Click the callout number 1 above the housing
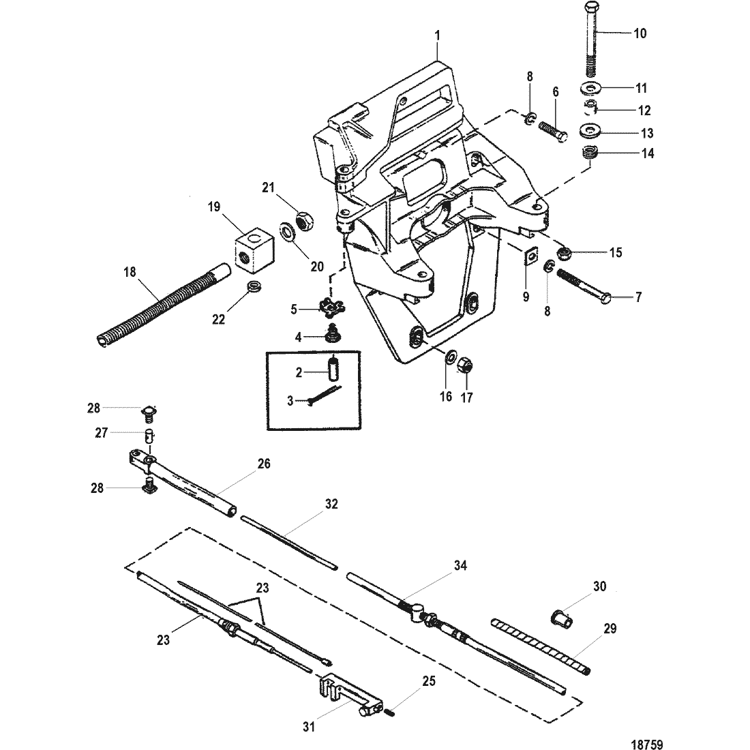pos(436,35)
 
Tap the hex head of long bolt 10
pos(591,9)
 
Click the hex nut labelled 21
pos(304,222)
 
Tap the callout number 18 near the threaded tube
pos(130,272)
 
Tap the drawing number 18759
pos(647,745)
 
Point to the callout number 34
pos(460,565)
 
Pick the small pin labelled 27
pos(150,436)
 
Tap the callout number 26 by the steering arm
pos(264,464)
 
